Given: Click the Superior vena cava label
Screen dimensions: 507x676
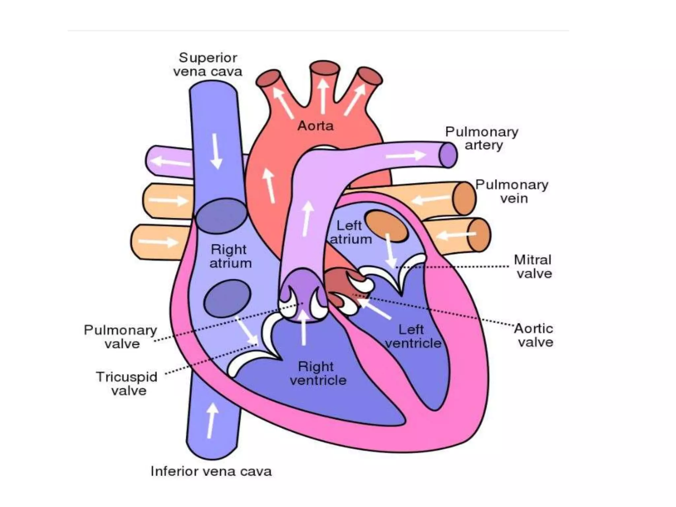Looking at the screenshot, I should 208,65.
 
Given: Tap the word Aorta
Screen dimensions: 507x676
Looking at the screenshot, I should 316,126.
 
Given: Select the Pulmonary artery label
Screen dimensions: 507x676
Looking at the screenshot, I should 482,138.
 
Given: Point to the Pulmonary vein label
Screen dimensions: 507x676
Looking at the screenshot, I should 512,191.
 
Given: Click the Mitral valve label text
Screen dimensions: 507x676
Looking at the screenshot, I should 533,267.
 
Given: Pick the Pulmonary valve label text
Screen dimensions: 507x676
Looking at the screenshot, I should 120,337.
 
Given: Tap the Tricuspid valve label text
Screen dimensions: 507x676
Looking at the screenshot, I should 127,384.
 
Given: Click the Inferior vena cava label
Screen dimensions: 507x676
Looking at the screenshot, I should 211,471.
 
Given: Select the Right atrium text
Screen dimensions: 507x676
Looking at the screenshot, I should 230,256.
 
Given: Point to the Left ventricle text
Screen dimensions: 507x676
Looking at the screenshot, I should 413,336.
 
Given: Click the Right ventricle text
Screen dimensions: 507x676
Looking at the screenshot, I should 318,373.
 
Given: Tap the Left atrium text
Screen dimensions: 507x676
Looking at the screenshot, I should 351,232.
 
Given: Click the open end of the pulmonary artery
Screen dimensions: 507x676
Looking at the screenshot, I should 448,155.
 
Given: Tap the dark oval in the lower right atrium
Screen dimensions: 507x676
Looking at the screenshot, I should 227,298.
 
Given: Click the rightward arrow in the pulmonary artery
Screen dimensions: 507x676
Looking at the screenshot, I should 406,155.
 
